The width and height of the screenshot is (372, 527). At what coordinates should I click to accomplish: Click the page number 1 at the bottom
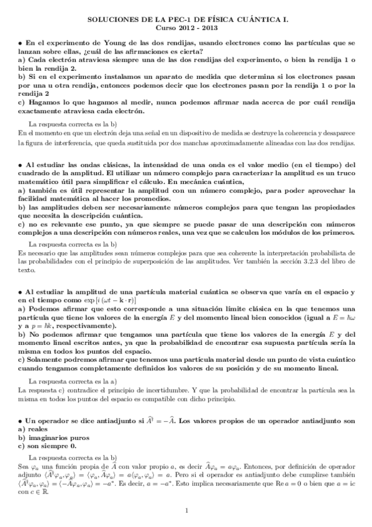pos(186,511)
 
